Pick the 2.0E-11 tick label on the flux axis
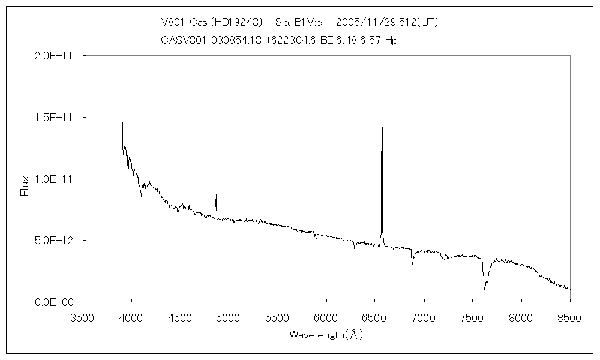point(55,56)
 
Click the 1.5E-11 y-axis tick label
point(55,118)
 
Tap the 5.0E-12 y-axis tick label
point(55,241)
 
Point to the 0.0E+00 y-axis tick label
point(54,302)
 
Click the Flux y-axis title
point(25,185)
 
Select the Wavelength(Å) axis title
point(326,335)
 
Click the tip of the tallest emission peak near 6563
point(382,77)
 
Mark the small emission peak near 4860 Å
point(216,195)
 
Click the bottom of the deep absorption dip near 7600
point(484,290)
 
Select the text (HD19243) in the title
point(238,22)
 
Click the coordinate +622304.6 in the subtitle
point(291,40)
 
